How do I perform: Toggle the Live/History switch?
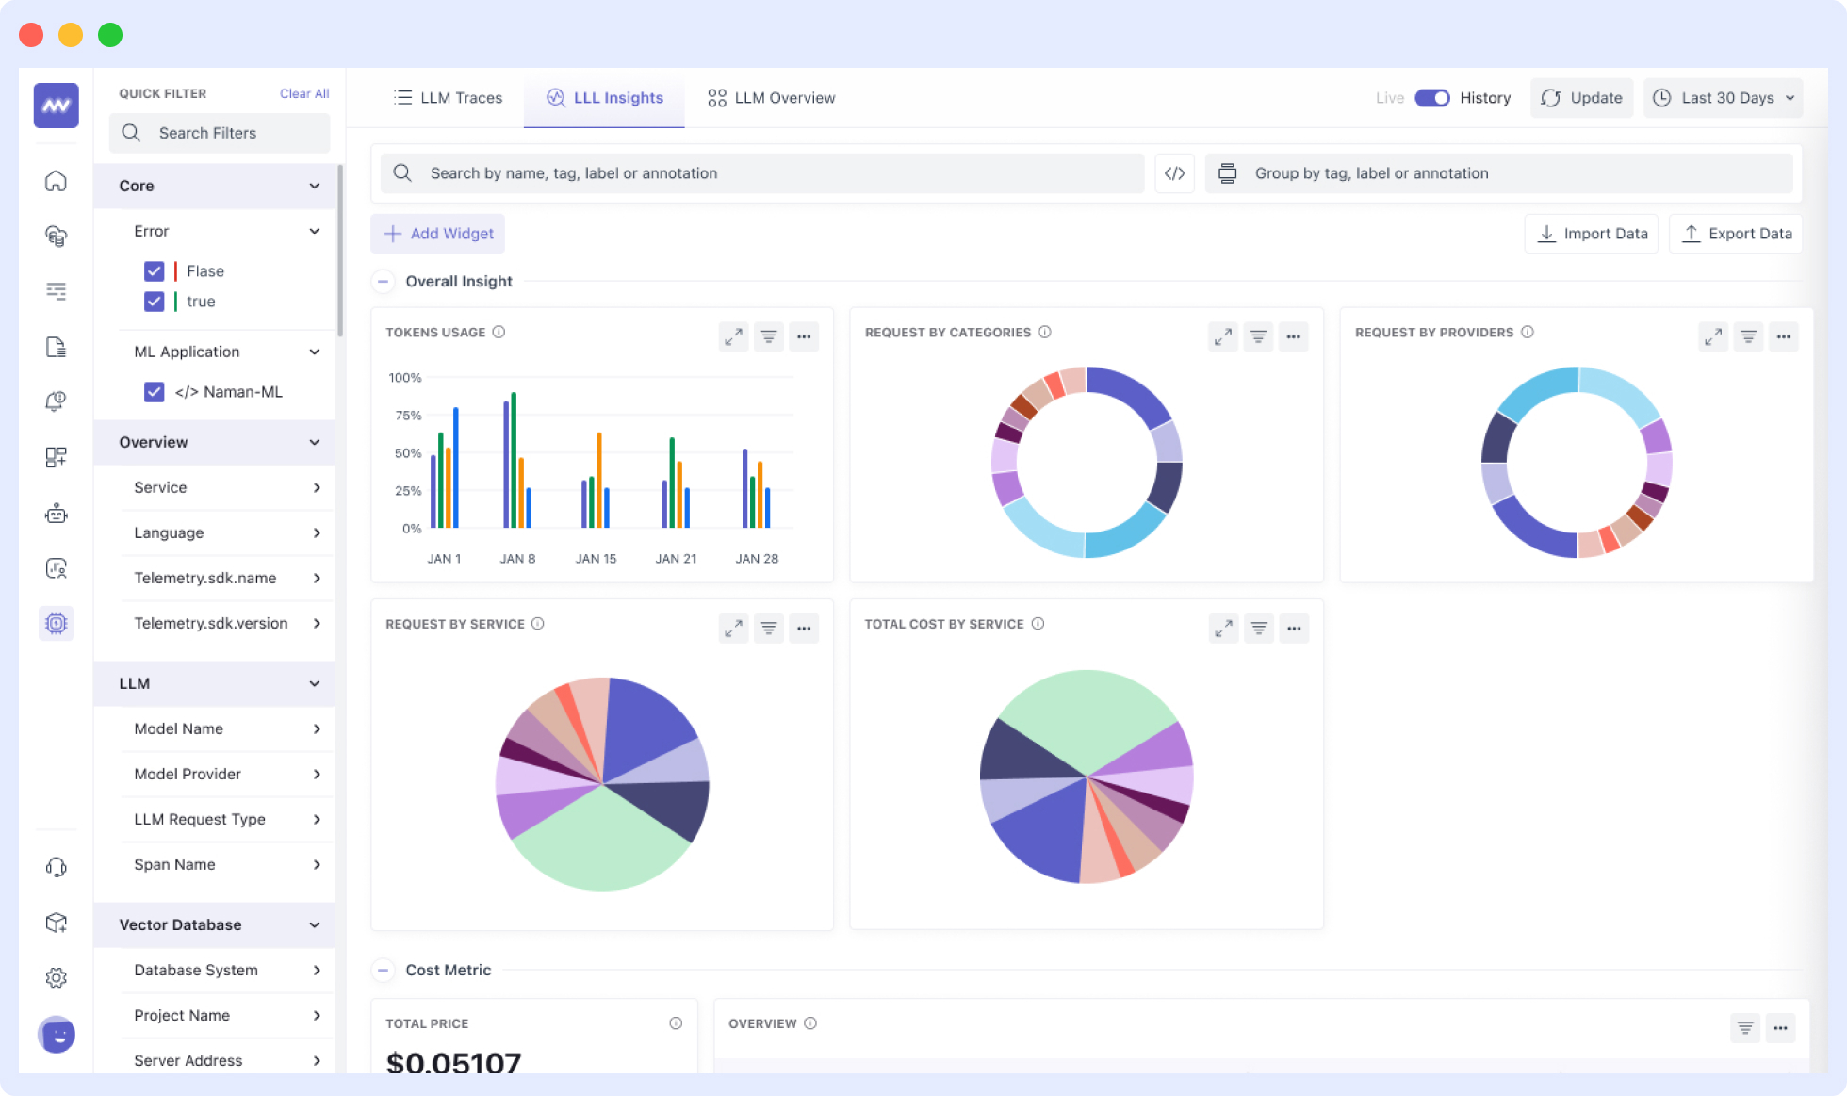(1431, 98)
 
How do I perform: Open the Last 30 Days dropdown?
(1724, 98)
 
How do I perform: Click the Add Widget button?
(438, 234)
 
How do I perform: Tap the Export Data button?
(1736, 234)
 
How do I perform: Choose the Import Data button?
(1592, 234)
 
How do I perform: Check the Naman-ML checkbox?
(155, 392)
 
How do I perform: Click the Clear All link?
(303, 93)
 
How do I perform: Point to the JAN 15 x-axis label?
(596, 559)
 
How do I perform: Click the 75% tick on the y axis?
(407, 416)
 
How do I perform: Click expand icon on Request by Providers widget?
(1712, 336)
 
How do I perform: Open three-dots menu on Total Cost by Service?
(1293, 629)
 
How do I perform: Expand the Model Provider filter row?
(226, 774)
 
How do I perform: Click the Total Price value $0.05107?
(453, 1062)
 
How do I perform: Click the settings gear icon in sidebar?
(57, 977)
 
